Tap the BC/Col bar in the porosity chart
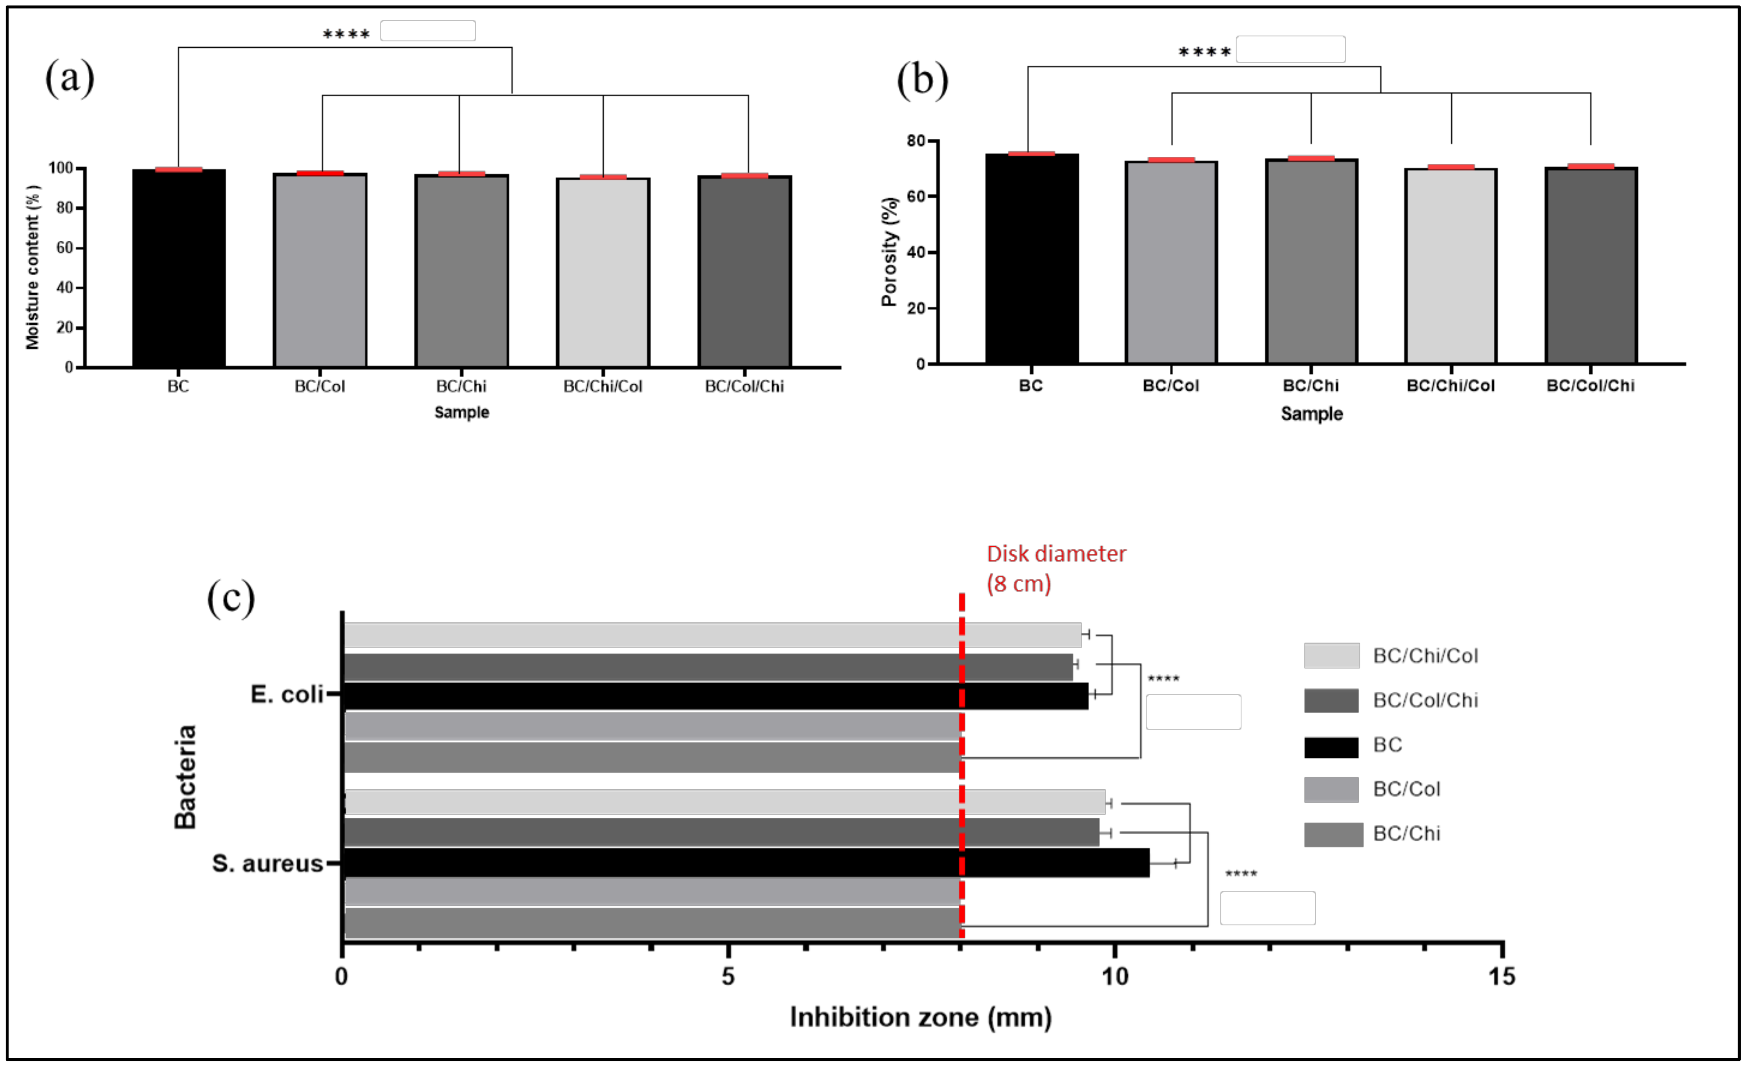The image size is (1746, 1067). tap(1171, 262)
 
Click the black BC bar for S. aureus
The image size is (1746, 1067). tap(744, 863)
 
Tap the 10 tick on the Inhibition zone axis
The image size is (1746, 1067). tap(1115, 976)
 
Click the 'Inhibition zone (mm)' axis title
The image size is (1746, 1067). tap(920, 1017)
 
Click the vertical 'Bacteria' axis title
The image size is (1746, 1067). tap(186, 777)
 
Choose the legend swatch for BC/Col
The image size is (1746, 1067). tap(1331, 789)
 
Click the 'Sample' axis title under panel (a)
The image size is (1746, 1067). tap(461, 412)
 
